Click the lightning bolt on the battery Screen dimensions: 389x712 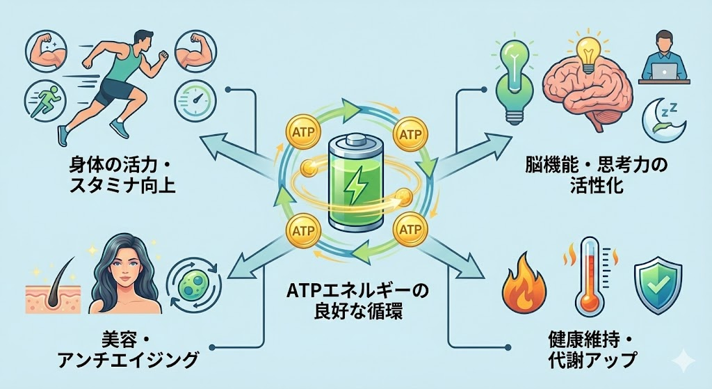coord(355,190)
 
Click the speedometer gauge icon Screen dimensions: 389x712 coord(193,102)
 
